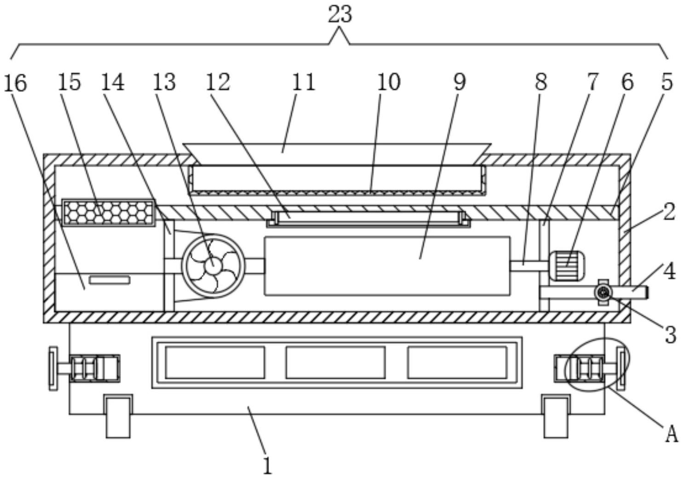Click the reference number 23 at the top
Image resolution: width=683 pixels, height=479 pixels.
pyautogui.click(x=340, y=15)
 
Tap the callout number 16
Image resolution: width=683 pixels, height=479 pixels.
pyautogui.click(x=15, y=83)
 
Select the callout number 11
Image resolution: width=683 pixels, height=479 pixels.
pyautogui.click(x=304, y=82)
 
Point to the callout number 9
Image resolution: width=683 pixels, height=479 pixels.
pyautogui.click(x=459, y=82)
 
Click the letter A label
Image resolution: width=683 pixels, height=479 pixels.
pyautogui.click(x=672, y=434)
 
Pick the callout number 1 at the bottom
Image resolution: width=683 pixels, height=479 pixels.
pyautogui.click(x=267, y=466)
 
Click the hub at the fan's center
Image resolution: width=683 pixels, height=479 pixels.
pyautogui.click(x=213, y=266)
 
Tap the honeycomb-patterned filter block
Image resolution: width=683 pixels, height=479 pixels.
pyautogui.click(x=108, y=213)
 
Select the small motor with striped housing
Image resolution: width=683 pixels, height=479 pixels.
pyautogui.click(x=566, y=265)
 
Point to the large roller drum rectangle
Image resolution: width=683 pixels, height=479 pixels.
pyautogui.click(x=387, y=266)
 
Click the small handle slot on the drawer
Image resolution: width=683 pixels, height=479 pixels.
pyautogui.click(x=110, y=280)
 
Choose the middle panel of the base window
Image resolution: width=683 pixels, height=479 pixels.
pyautogui.click(x=335, y=363)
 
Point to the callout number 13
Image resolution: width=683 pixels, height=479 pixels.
pyautogui.click(x=164, y=82)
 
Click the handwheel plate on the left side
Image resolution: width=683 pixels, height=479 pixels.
pyautogui.click(x=53, y=369)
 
